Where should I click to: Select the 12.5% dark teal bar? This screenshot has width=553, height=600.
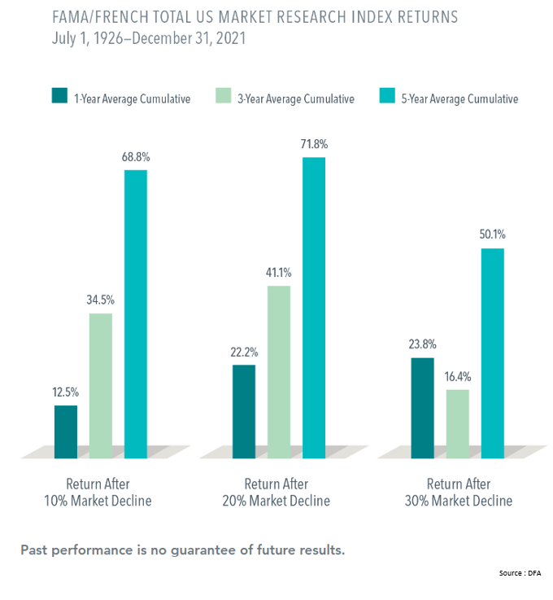[66, 431]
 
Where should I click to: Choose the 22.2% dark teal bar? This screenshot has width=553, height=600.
[244, 411]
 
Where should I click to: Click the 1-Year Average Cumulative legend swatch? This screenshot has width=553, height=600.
[59, 99]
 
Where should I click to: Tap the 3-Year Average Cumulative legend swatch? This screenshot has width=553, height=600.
[224, 99]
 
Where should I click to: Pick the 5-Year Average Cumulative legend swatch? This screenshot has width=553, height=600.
[388, 99]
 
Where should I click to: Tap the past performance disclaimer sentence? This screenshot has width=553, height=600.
[182, 550]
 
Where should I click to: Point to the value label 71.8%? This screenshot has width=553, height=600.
[314, 144]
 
